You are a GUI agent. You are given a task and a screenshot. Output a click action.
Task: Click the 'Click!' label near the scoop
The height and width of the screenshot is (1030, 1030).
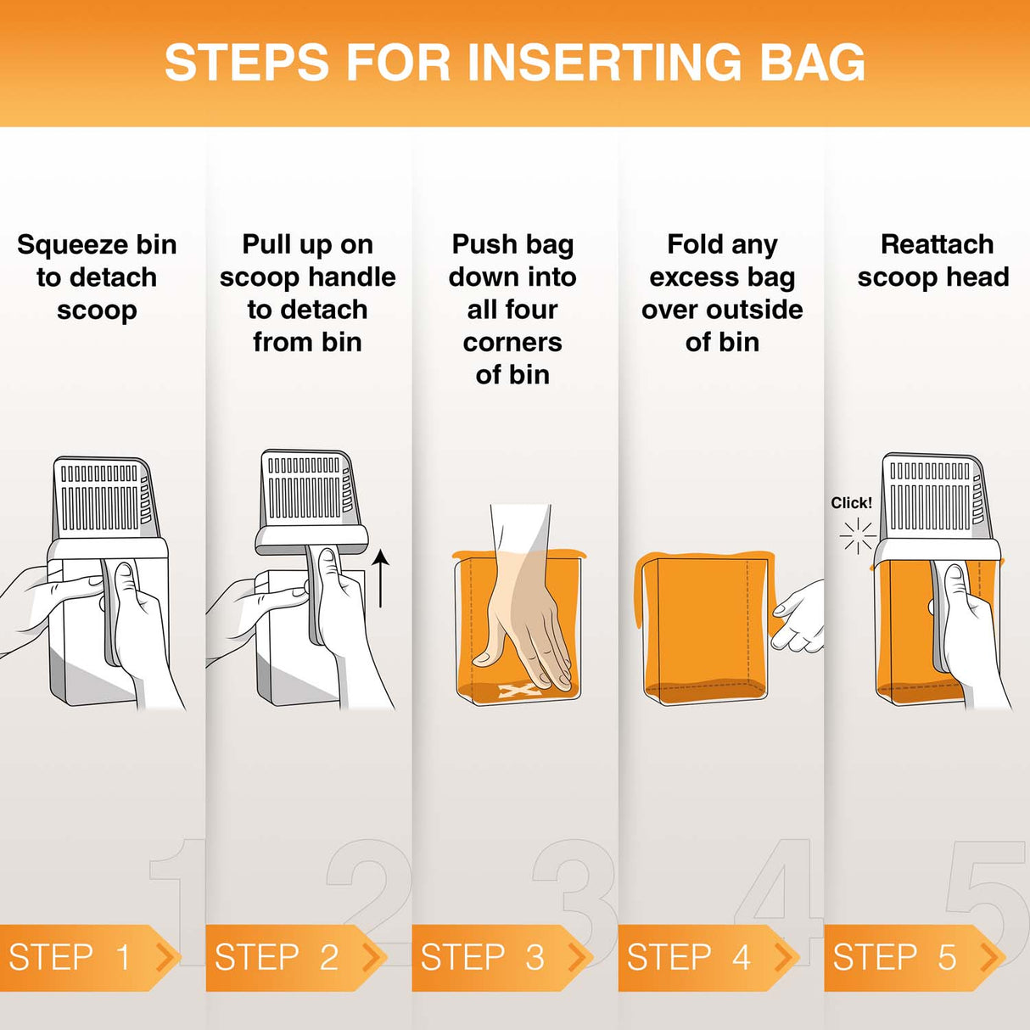click(x=851, y=503)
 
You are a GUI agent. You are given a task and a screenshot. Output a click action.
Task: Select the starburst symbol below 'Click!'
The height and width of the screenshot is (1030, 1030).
click(x=857, y=535)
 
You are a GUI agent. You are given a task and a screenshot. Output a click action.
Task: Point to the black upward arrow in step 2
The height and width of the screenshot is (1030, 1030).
click(x=381, y=579)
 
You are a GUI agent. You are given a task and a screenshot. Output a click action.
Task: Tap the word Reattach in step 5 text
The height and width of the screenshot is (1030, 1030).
click(x=937, y=244)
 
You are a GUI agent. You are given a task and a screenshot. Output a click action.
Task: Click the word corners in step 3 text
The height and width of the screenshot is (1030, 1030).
click(x=512, y=343)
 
